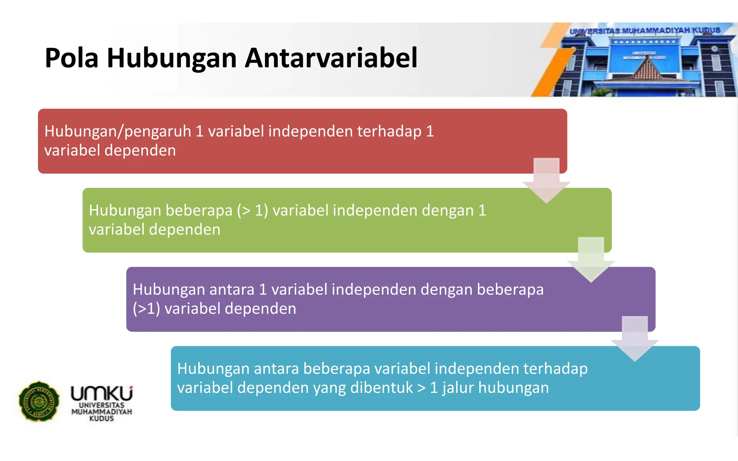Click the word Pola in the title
point(71,58)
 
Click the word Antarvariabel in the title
point(331,58)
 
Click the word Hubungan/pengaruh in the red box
point(117,131)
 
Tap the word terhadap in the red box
point(389,131)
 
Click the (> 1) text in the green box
point(252,211)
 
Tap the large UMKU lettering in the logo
point(102,393)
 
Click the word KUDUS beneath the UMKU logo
point(102,419)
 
